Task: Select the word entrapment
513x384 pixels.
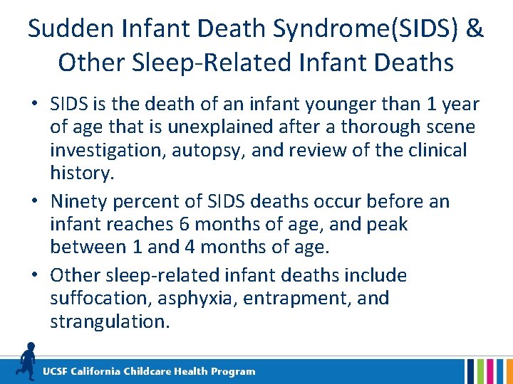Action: click(298, 298)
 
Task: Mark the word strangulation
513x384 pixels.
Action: click(110, 321)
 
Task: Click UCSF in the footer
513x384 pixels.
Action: click(57, 371)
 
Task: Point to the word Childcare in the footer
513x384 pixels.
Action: click(150, 371)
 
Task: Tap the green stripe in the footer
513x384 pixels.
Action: click(481, 371)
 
